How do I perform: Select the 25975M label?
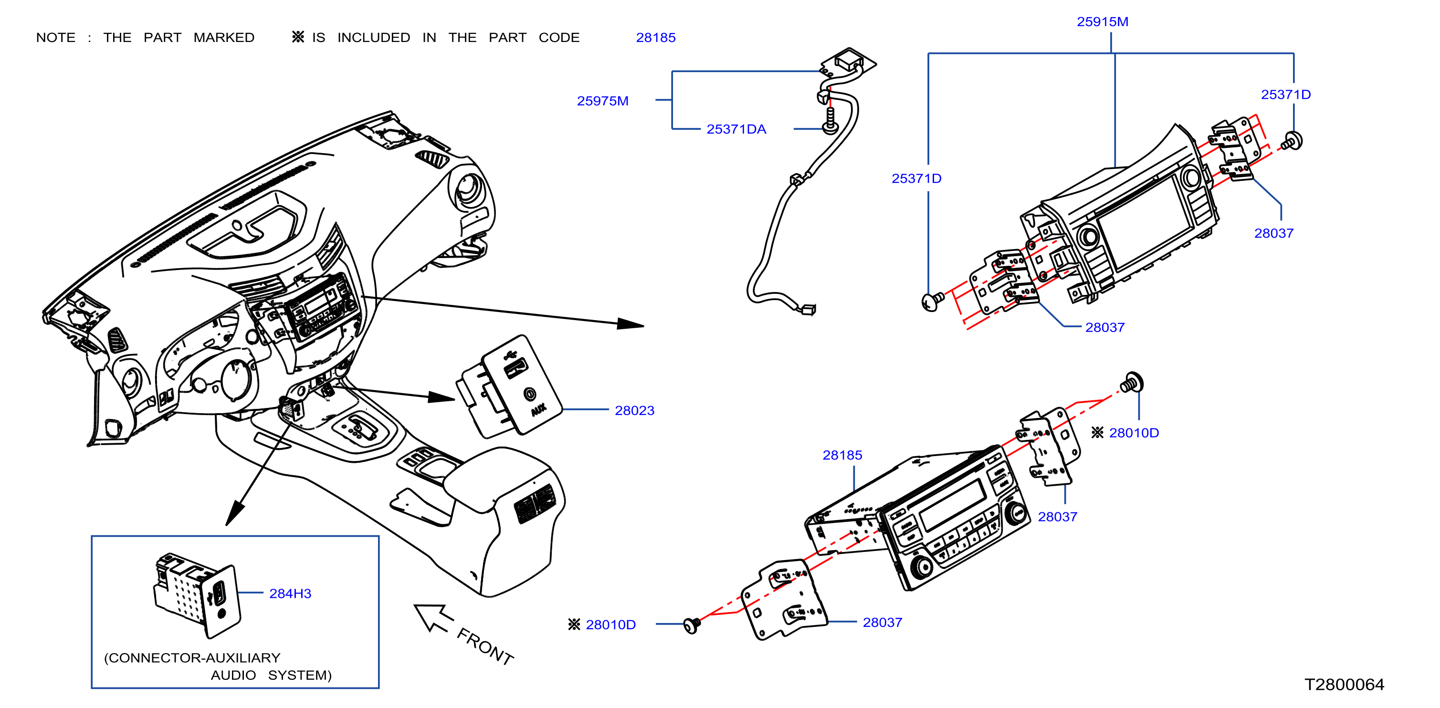[603, 101]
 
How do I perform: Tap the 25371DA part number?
[736, 129]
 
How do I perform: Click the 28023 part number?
[634, 411]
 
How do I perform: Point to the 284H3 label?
[290, 593]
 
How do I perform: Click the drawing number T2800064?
[1345, 685]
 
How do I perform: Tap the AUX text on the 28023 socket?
[538, 410]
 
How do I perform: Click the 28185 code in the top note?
[656, 37]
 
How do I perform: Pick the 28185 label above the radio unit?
[842, 456]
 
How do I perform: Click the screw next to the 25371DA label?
[830, 121]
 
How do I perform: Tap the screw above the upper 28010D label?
[1132, 383]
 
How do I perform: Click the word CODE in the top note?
[559, 37]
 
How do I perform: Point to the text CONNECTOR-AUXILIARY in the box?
[192, 658]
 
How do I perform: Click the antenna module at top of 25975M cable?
[848, 62]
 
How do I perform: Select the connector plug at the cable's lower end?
[809, 309]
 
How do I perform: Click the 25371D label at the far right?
[1286, 94]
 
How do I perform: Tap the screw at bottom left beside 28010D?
[692, 625]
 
